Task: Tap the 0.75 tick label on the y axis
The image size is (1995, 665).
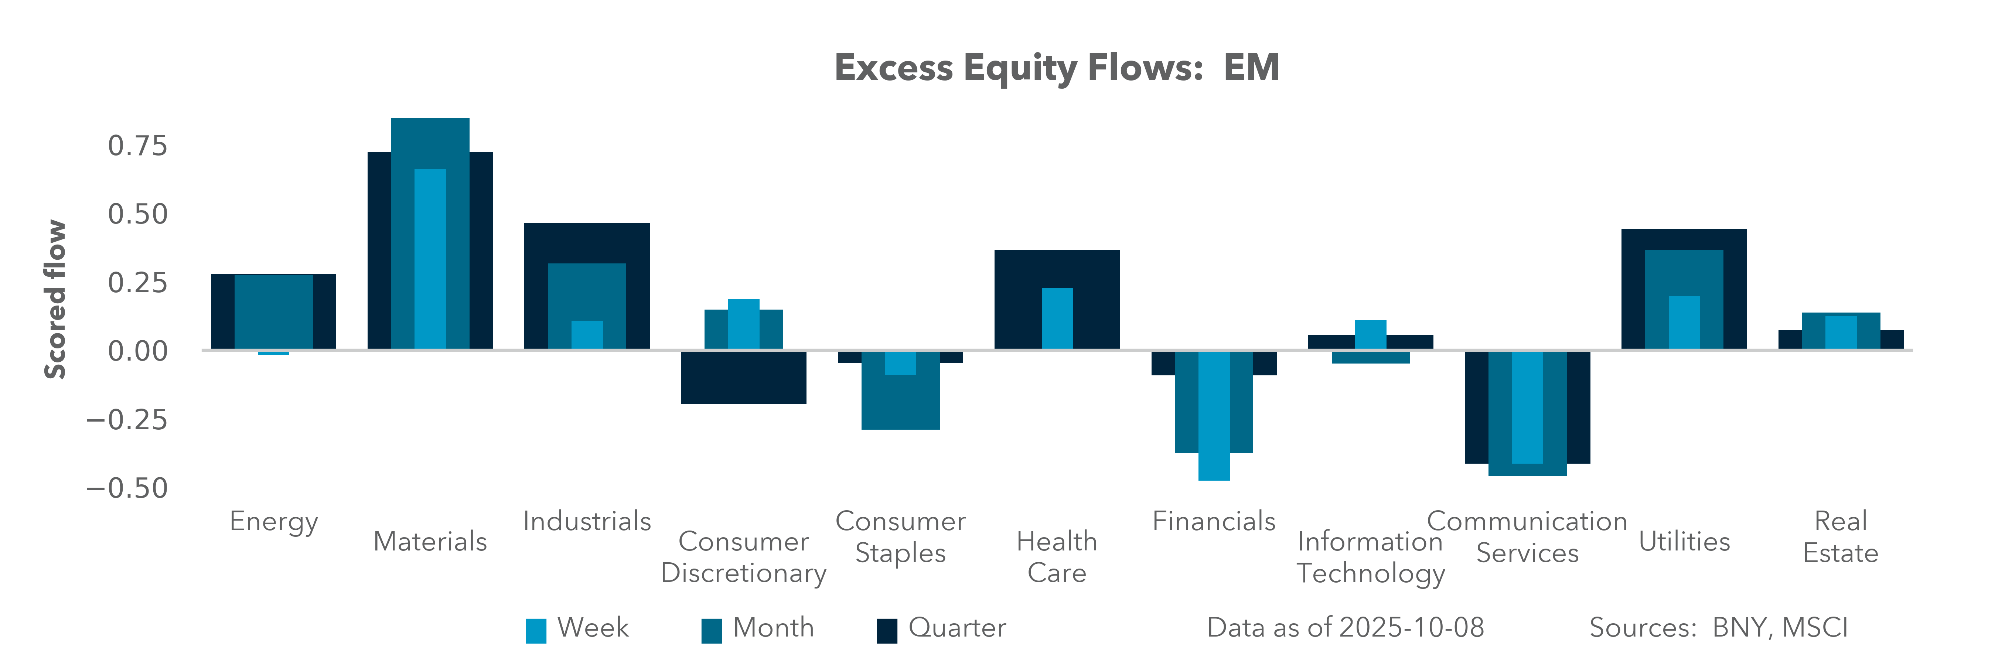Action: pos(138,146)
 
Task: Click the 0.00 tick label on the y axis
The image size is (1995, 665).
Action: pos(138,351)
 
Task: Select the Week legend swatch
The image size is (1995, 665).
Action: pos(536,631)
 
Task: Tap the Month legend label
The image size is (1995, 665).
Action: pos(773,628)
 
